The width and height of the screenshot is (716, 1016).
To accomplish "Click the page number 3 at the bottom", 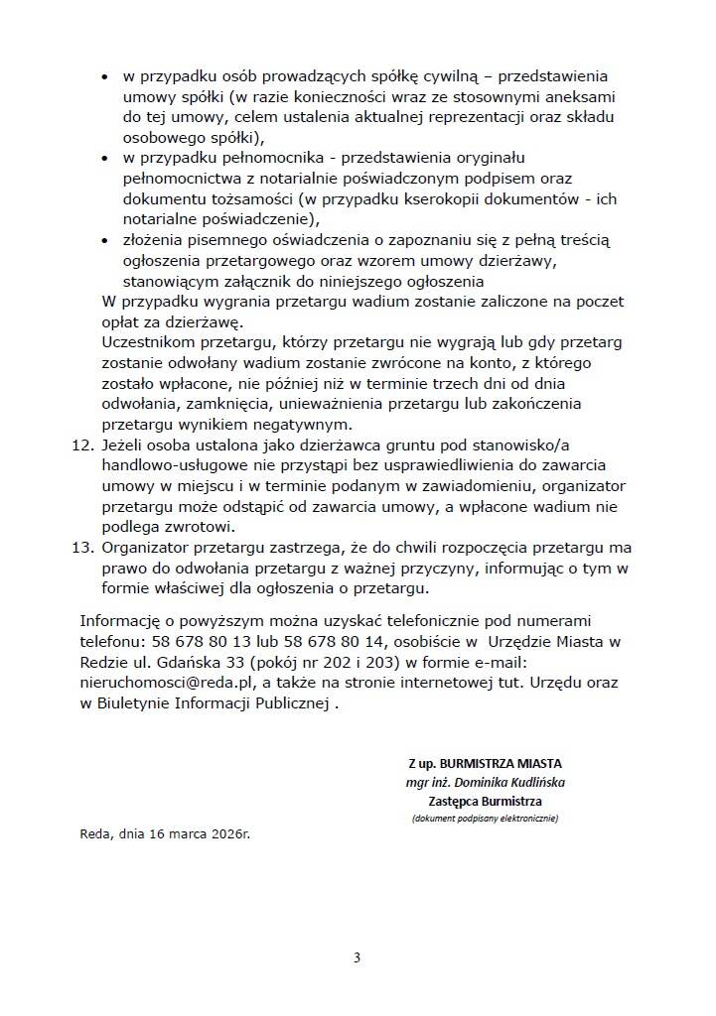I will pos(358,957).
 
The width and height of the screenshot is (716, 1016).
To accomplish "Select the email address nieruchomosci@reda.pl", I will pos(165,684).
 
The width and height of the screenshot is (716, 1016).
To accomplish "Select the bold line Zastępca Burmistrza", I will pos(486,800).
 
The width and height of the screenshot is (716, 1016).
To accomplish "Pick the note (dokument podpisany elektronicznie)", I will pos(486,819).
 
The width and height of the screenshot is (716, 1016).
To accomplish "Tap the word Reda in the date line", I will pos(96,834).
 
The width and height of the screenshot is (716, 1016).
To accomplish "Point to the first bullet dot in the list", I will pos(105,76).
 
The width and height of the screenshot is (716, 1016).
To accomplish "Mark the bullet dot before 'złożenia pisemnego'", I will pos(105,241).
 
